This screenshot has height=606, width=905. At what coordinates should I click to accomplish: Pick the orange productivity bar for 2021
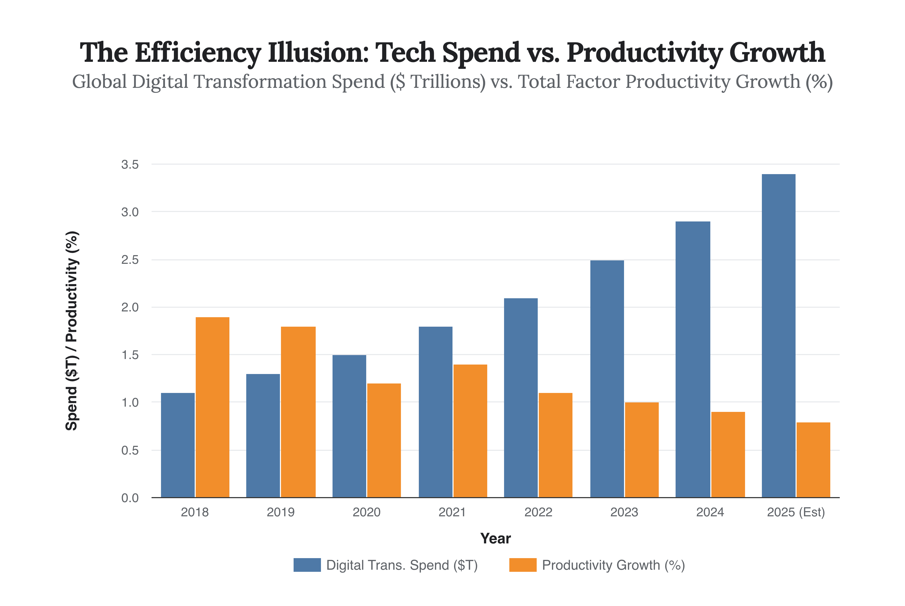pyautogui.click(x=470, y=431)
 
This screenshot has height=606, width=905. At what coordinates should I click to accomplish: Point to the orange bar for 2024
pyautogui.click(x=728, y=454)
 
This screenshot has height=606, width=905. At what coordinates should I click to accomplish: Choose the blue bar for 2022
pyautogui.click(x=521, y=398)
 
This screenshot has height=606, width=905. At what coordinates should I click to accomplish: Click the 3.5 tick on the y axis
pyautogui.click(x=130, y=165)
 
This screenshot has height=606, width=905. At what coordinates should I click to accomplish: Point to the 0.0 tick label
pyautogui.click(x=130, y=498)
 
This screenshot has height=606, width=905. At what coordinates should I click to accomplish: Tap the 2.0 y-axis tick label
pyautogui.click(x=130, y=307)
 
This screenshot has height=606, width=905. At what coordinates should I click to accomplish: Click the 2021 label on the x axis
pyautogui.click(x=452, y=512)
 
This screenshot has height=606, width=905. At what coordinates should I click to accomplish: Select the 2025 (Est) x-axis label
pyautogui.click(x=796, y=512)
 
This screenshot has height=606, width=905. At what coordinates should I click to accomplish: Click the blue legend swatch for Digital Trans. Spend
pyautogui.click(x=307, y=565)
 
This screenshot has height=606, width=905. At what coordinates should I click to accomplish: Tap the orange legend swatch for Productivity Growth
pyautogui.click(x=523, y=565)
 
